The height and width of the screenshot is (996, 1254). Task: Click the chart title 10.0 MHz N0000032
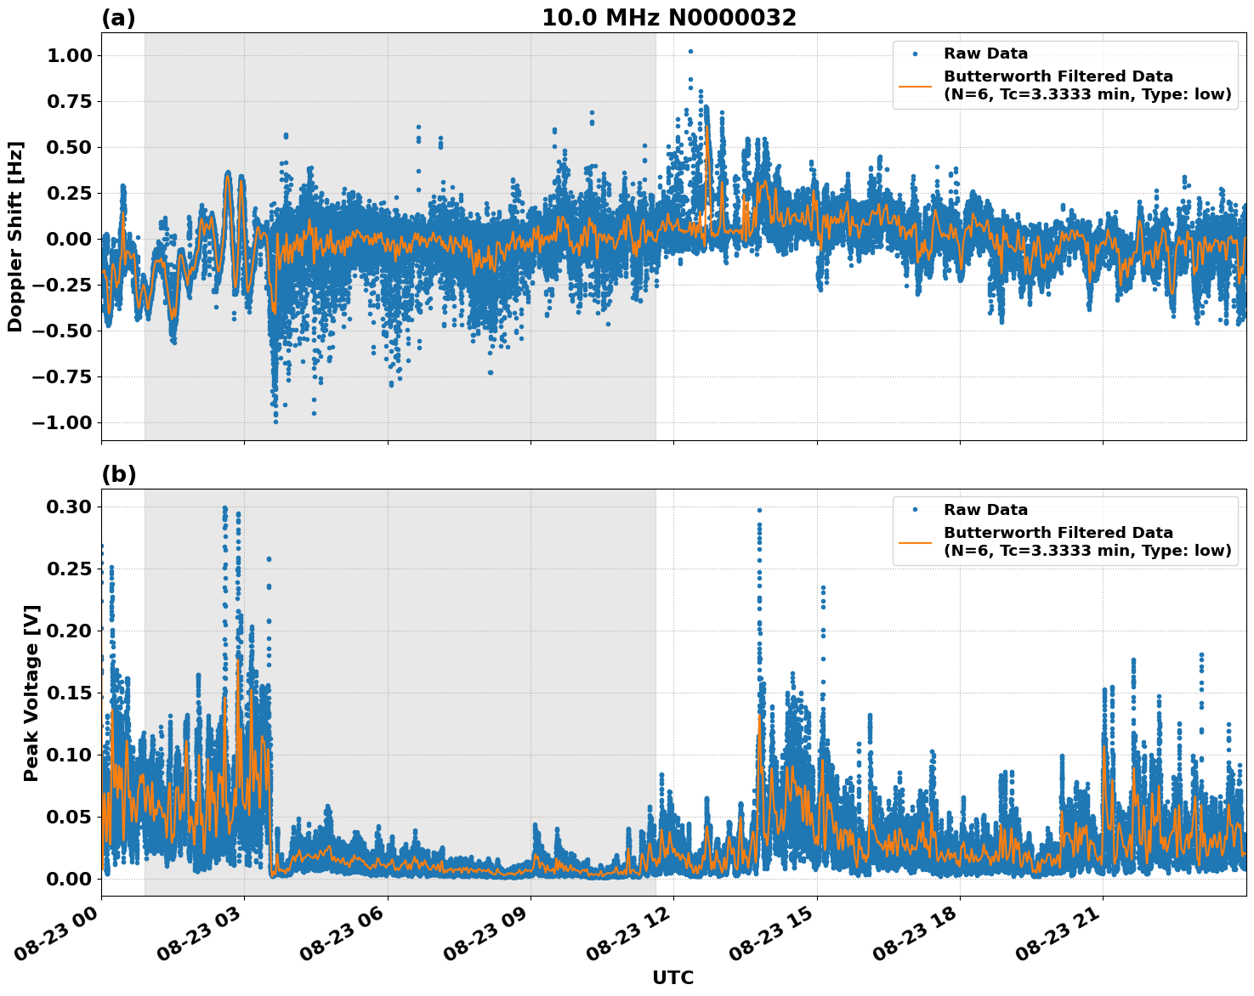(669, 18)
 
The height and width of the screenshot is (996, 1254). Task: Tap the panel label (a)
(118, 18)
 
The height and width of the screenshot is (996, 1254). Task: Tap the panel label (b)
(118, 474)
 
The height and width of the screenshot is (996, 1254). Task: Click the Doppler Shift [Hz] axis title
(15, 236)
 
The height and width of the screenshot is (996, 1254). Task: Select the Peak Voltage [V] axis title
(31, 693)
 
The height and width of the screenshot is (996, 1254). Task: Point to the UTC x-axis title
(672, 977)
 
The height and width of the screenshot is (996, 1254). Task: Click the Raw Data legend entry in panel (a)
(985, 54)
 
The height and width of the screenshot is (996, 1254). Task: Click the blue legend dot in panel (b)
(915, 510)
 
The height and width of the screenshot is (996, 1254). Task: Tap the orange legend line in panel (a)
(915, 85)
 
